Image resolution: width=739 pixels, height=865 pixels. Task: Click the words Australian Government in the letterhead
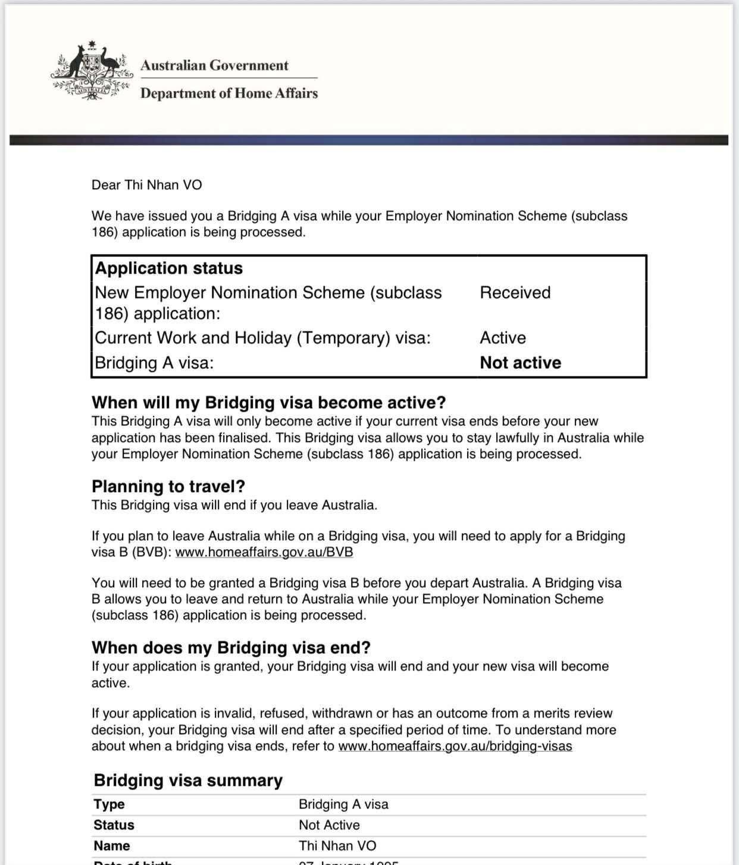tap(214, 65)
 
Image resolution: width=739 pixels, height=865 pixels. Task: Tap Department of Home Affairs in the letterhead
tap(229, 93)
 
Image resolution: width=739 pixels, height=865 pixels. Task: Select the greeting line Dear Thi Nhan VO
tap(146, 185)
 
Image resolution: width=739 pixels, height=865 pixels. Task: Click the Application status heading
tap(169, 268)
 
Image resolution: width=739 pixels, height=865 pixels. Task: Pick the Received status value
tap(515, 293)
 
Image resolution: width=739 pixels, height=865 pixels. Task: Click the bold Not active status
tap(520, 363)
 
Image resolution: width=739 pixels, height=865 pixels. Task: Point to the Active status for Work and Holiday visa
tap(503, 338)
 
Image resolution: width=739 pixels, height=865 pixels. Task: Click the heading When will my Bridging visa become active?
tap(268, 403)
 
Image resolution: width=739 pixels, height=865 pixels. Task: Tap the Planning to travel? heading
tap(168, 487)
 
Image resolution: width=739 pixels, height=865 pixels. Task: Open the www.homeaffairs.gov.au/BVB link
tap(264, 552)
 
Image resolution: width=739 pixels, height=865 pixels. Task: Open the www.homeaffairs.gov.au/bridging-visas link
tap(455, 746)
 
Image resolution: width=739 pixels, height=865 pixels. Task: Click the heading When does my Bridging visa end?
tap(231, 648)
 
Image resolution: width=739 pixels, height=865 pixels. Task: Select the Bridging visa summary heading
tap(188, 781)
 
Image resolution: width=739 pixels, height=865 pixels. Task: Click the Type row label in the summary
tap(109, 804)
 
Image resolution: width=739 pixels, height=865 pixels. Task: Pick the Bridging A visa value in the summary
tap(343, 804)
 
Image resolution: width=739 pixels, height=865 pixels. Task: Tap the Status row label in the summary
tap(114, 825)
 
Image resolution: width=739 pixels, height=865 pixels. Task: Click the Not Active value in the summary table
tap(329, 825)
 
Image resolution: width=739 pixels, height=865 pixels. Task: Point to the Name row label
tap(112, 846)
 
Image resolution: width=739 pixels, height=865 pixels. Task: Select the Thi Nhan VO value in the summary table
tap(337, 846)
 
